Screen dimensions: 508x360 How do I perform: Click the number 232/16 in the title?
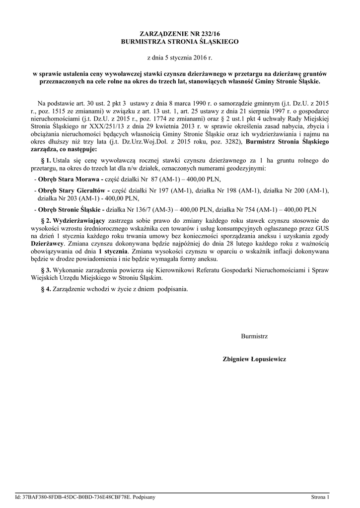[205, 34]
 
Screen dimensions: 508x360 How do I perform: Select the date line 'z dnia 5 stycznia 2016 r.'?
[180, 58]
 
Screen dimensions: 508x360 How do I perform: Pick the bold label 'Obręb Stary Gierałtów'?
[74, 190]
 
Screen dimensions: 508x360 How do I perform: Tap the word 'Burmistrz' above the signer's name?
[254, 336]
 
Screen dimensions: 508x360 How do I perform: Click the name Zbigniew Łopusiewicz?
[254, 358]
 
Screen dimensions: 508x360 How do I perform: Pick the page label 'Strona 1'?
[320, 497]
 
